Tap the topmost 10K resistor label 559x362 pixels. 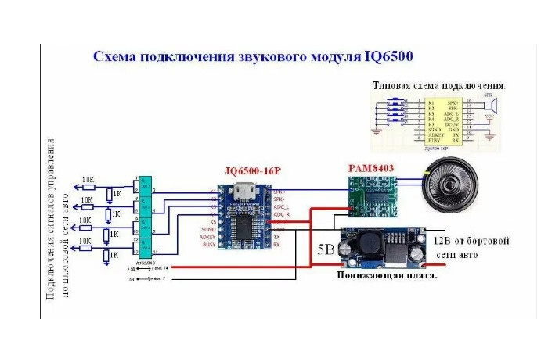tap(88, 180)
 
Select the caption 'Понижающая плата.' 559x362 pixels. tap(387, 275)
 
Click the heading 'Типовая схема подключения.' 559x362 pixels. tap(439, 84)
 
